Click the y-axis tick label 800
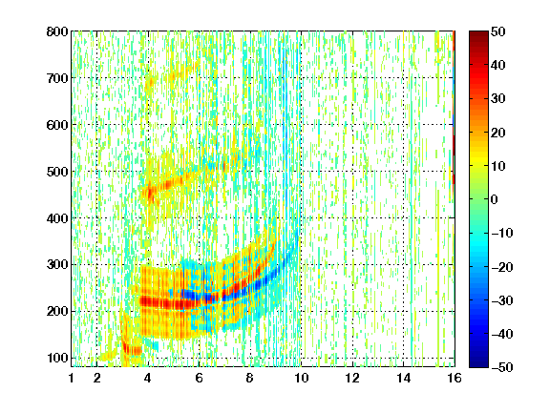click(x=57, y=31)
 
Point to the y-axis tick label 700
click(x=57, y=78)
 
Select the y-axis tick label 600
click(x=57, y=125)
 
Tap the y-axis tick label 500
click(x=57, y=172)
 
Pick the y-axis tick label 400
click(x=57, y=218)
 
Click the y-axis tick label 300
click(x=57, y=264)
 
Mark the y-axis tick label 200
click(x=57, y=311)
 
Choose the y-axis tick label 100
click(x=57, y=358)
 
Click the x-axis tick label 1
click(x=72, y=378)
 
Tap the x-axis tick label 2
click(x=96, y=378)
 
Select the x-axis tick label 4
click(x=148, y=378)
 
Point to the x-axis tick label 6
click(x=199, y=378)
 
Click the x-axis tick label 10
click(x=301, y=378)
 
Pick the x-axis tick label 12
click(x=352, y=378)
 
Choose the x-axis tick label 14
click(x=403, y=378)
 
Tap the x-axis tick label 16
click(x=455, y=378)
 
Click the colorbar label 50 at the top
click(x=498, y=31)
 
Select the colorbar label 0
click(x=495, y=199)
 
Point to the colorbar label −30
click(x=501, y=300)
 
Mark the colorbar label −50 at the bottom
click(x=501, y=367)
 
